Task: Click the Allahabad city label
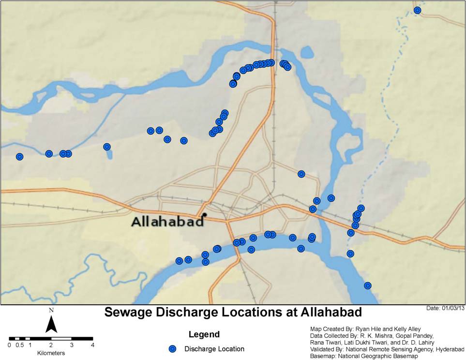click(x=167, y=222)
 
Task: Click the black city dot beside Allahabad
click(x=205, y=214)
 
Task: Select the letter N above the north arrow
click(x=51, y=309)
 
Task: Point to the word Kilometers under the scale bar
click(x=51, y=353)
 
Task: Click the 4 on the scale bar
click(x=92, y=345)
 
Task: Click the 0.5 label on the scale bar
click(x=19, y=345)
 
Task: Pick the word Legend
click(x=204, y=334)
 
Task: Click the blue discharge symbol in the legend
click(x=171, y=349)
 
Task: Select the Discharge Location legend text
click(x=214, y=349)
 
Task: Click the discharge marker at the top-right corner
click(x=417, y=10)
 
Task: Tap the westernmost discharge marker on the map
click(x=19, y=157)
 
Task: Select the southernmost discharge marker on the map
click(x=367, y=285)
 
